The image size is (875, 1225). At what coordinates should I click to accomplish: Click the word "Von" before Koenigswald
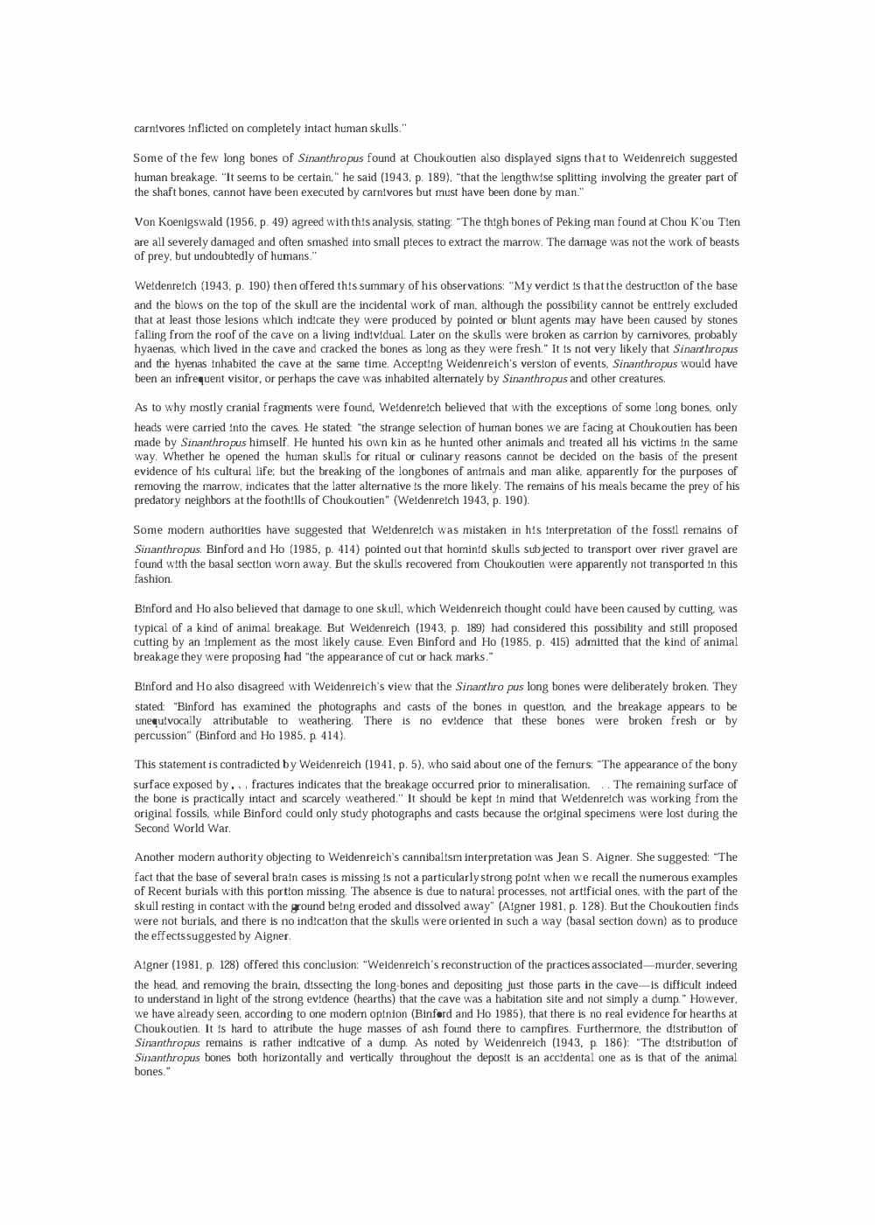pos(144,222)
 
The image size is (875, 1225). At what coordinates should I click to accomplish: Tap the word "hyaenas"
pos(154,349)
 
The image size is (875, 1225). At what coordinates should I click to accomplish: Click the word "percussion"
pos(163,736)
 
